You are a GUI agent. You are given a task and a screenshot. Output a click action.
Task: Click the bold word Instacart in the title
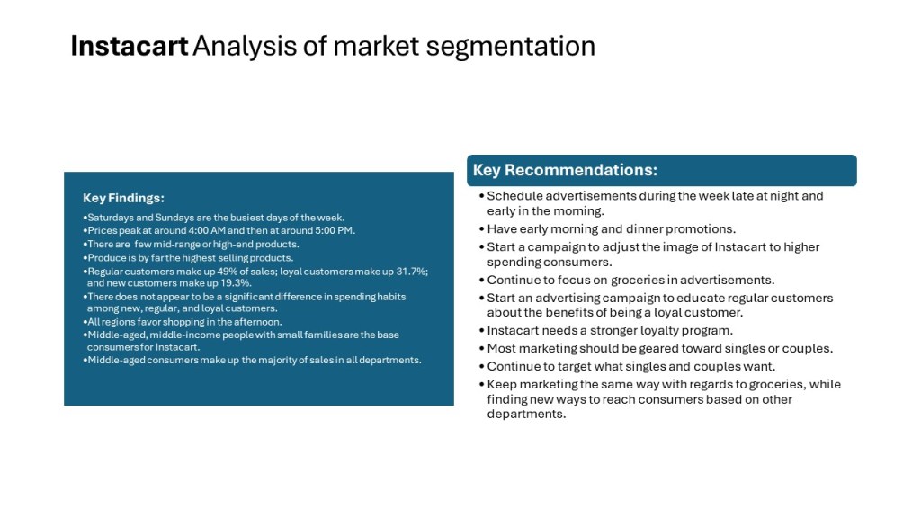tap(130, 46)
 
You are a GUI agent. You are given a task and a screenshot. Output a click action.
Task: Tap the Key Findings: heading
tap(123, 198)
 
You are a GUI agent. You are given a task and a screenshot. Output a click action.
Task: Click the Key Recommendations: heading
tap(565, 170)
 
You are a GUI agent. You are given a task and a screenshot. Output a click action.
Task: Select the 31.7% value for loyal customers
tap(413, 272)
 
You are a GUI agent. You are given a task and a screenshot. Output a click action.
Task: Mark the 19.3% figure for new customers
tap(237, 283)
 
